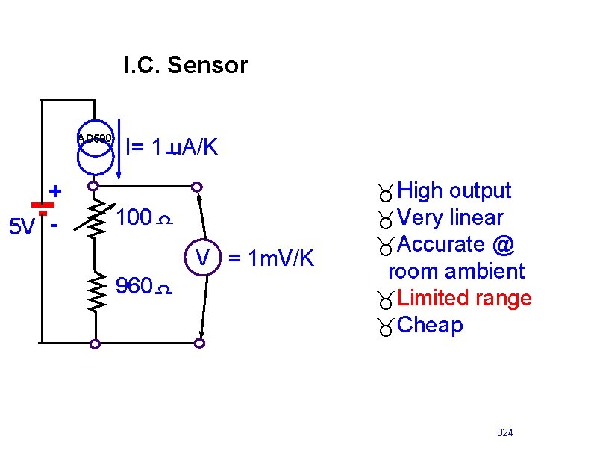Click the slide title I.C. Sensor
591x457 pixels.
[185, 66]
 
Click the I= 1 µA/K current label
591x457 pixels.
[172, 147]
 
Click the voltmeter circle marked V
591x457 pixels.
[202, 258]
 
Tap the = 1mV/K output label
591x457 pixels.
[272, 259]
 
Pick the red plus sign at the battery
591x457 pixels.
[55, 190]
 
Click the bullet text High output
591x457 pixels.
[454, 191]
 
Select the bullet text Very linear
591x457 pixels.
[450, 218]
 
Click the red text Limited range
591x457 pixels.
[464, 299]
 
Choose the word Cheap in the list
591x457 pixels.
[431, 326]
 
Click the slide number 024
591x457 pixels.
[505, 433]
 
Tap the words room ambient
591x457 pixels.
[456, 271]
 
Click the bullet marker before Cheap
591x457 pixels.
[386, 327]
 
